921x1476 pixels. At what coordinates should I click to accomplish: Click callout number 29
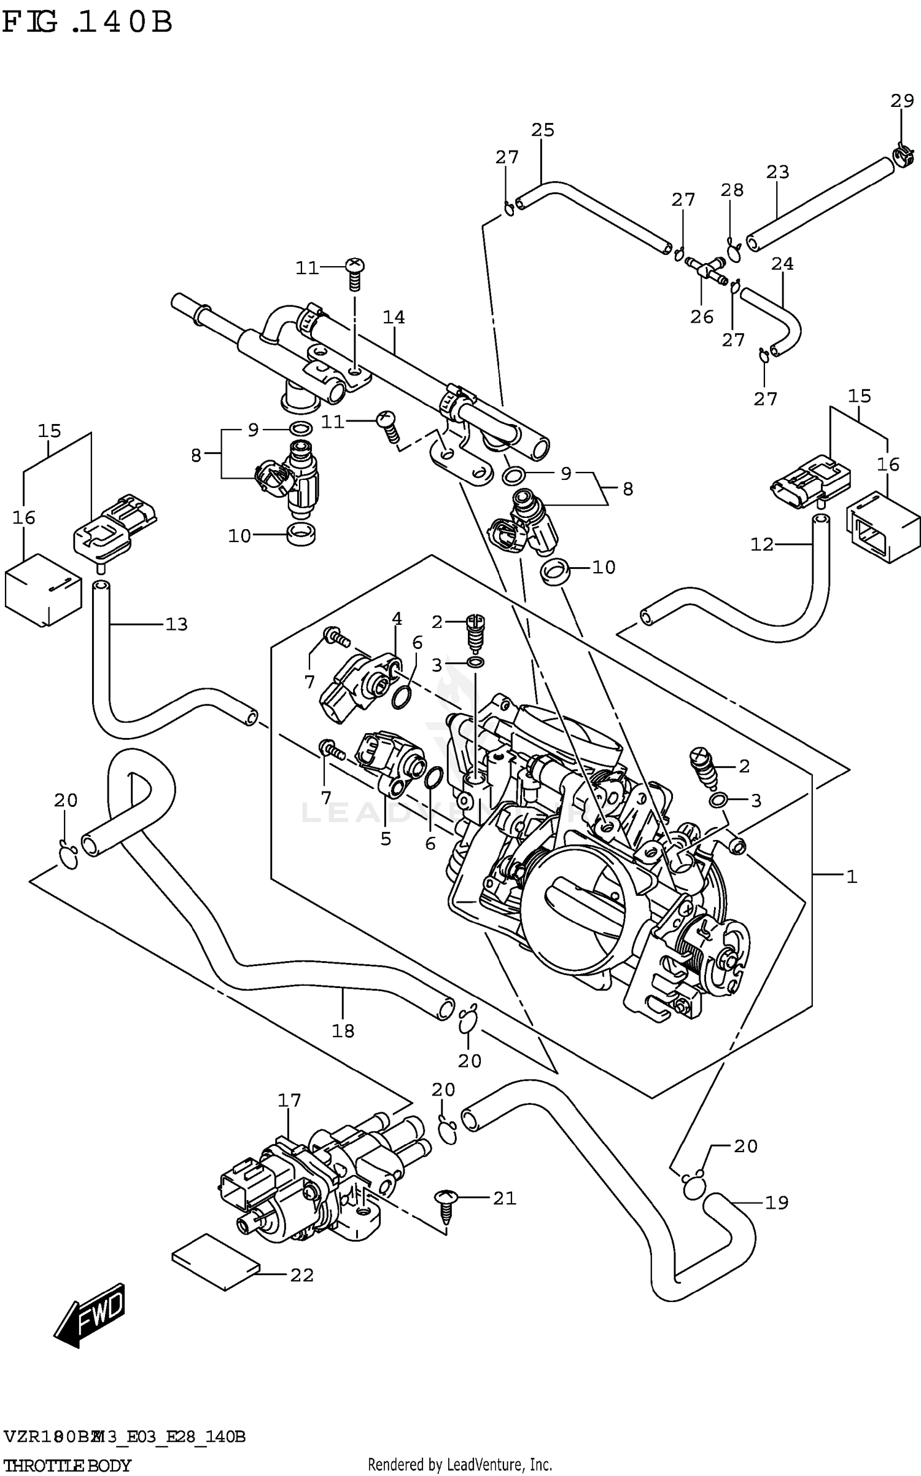pos(902,100)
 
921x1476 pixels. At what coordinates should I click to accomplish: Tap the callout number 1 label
pos(851,877)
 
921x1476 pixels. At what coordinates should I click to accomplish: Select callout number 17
pos(289,1100)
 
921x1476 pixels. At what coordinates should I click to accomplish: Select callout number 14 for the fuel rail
pos(394,317)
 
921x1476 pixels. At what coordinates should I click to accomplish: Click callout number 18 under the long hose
pos(343,1030)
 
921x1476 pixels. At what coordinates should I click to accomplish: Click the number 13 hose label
pos(176,624)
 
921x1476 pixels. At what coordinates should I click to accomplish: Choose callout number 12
pos(762,544)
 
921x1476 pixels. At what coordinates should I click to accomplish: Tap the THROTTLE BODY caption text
pos(66,1465)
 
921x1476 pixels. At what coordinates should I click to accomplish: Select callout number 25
pos(543,130)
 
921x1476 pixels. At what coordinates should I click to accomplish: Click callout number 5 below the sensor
pos(385,839)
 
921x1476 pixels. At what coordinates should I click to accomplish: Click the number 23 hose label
pos(777,172)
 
